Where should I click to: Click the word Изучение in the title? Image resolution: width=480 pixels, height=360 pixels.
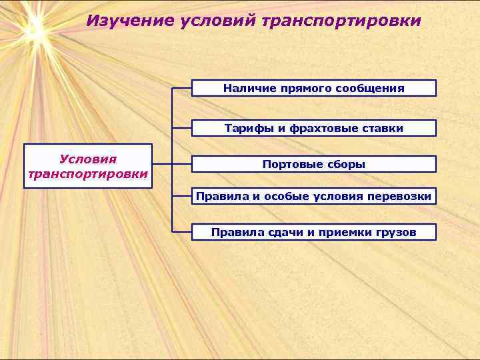pyautogui.click(x=130, y=21)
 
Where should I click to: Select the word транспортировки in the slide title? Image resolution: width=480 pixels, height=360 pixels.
pyautogui.click(x=342, y=21)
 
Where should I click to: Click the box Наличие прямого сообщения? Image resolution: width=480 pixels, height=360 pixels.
pyautogui.click(x=314, y=88)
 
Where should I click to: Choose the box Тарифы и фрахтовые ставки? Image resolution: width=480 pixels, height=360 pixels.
pyautogui.click(x=314, y=128)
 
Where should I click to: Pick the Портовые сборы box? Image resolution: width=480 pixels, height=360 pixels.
pyautogui.click(x=314, y=164)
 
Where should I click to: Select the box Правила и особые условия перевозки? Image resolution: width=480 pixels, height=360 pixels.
pyautogui.click(x=314, y=196)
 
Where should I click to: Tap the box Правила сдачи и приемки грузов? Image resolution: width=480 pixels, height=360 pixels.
pyautogui.click(x=314, y=232)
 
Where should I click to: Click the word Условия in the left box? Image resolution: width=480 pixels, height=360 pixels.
pyautogui.click(x=88, y=159)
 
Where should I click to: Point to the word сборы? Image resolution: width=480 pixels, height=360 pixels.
pyautogui.click(x=347, y=164)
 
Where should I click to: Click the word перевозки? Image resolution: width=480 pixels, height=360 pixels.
pyautogui.click(x=402, y=196)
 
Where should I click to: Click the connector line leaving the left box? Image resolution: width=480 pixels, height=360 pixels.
pyautogui.click(x=163, y=164)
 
